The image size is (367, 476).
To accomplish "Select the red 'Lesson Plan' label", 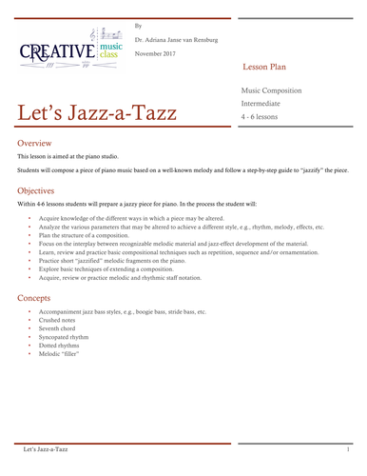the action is coord(269,70).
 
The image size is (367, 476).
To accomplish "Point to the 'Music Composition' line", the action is coord(272,89).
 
